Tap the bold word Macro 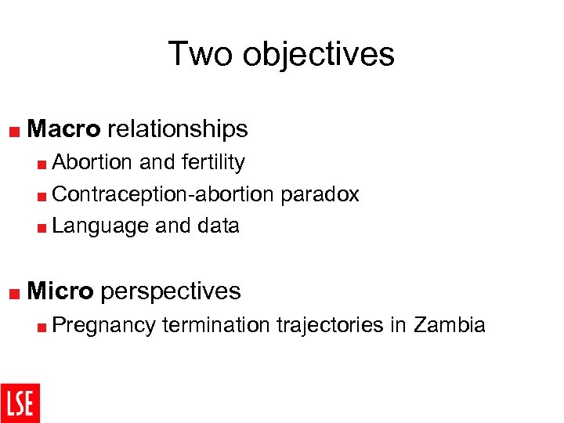pos(64,128)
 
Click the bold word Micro pos(60,291)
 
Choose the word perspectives pos(171,291)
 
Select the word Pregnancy pos(104,325)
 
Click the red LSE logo pos(20,403)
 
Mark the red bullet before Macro pos(16,130)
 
